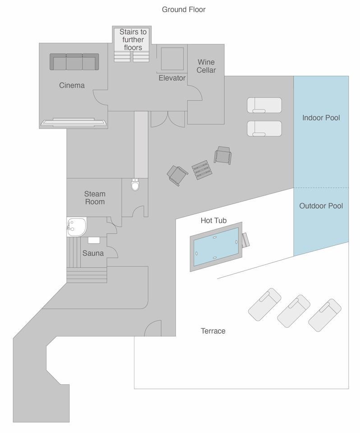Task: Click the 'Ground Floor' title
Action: (184, 9)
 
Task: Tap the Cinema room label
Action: (72, 85)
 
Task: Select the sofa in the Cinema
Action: (74, 62)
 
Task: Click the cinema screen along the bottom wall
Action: (74, 122)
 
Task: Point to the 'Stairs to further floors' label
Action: (133, 40)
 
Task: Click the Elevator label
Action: (172, 78)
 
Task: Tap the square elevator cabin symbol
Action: (172, 59)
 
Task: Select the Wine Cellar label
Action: (206, 66)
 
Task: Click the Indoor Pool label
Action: (321, 118)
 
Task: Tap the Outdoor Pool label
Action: (321, 206)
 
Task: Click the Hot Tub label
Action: (213, 221)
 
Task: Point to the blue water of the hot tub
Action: (216, 247)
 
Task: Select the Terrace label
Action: (213, 331)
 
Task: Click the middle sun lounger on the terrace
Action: (294, 311)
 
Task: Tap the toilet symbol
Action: (135, 185)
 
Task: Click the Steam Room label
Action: (95, 198)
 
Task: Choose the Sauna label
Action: (93, 253)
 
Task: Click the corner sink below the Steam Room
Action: (76, 226)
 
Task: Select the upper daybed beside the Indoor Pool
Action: (264, 105)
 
